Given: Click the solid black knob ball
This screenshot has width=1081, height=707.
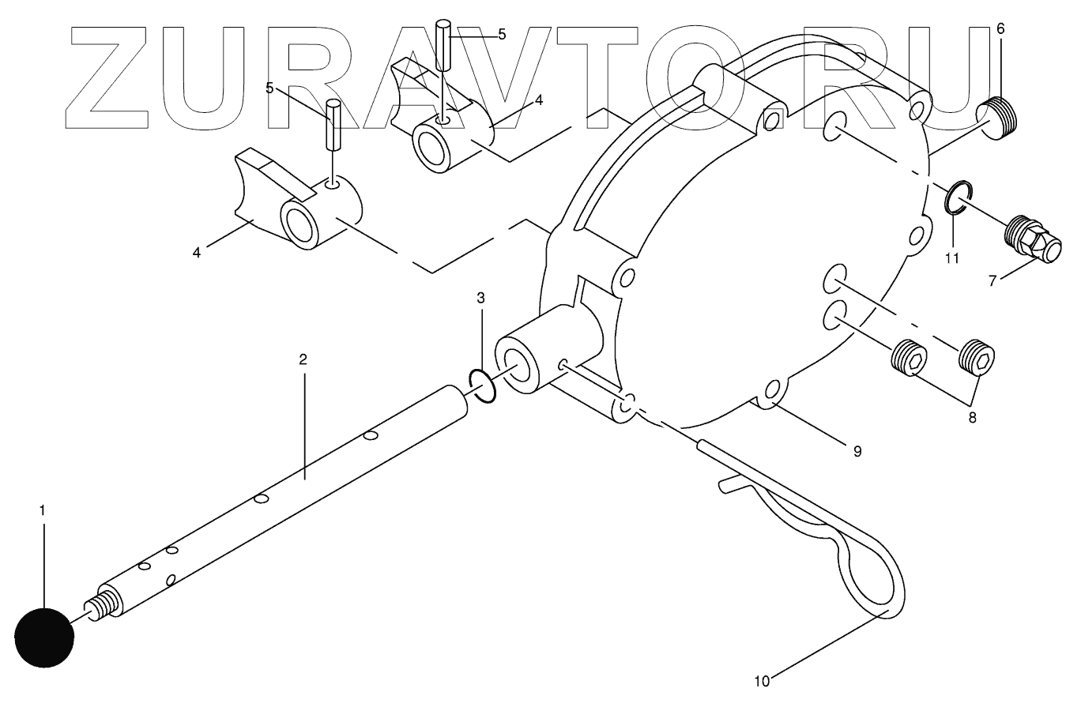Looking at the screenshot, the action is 44,637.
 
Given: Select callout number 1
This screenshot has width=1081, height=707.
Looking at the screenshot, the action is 43,510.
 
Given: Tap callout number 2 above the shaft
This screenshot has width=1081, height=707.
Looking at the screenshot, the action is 303,359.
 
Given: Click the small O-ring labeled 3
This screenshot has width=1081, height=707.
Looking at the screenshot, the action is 482,385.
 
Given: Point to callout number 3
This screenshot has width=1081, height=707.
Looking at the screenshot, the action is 480,298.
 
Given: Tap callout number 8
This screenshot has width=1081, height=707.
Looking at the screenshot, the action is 972,417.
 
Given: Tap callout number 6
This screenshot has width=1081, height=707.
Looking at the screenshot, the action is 1000,28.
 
